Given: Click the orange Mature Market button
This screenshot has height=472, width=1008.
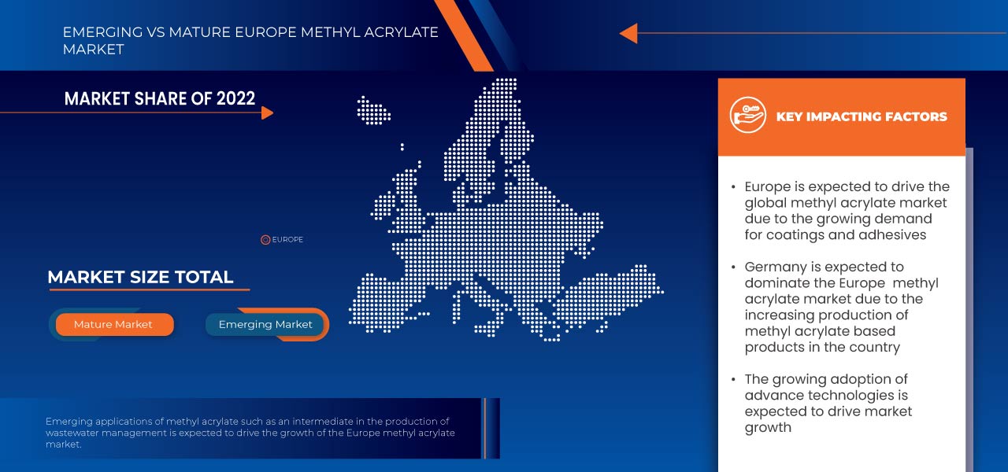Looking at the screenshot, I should (x=113, y=324).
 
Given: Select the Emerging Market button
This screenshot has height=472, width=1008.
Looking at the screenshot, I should (x=265, y=324).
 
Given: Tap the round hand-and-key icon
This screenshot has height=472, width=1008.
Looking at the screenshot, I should (x=747, y=116).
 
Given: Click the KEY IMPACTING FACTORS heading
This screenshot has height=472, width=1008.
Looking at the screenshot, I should (x=862, y=116).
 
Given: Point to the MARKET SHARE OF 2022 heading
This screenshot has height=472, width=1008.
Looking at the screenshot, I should (x=160, y=98).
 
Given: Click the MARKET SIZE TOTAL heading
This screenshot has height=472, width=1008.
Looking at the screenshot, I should (x=140, y=277).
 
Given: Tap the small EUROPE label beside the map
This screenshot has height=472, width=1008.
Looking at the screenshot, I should (x=287, y=240).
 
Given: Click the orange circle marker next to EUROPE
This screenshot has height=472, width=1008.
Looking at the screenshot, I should (x=265, y=240).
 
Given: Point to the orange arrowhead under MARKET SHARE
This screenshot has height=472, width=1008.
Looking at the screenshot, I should (x=267, y=112).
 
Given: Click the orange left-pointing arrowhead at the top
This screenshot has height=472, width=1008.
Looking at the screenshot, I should (x=628, y=33).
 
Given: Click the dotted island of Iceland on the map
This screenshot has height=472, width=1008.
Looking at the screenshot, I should (x=372, y=110).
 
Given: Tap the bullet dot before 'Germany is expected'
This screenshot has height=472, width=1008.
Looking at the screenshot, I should (x=735, y=267).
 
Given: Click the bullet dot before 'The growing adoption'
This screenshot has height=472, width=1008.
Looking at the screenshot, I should (x=735, y=379).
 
